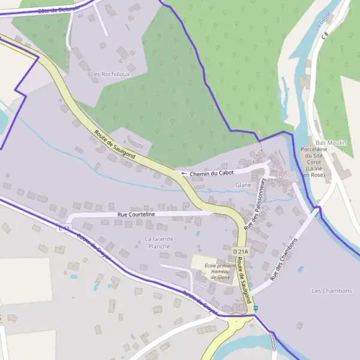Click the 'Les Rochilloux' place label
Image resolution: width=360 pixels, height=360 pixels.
click(x=110, y=74)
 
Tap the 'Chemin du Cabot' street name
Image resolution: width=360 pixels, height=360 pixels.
click(x=211, y=173)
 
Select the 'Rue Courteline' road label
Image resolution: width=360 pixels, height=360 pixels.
click(x=136, y=214)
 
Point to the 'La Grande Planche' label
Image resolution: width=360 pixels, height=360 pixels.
click(x=158, y=242)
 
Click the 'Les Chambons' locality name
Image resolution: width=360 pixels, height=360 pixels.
click(x=332, y=290)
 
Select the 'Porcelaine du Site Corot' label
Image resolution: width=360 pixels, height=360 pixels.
click(x=315, y=158)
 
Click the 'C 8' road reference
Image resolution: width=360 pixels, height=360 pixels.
click(x=325, y=37)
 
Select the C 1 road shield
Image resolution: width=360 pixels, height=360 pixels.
click(x=64, y=229)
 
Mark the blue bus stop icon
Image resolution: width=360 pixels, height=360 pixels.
click(x=256, y=308)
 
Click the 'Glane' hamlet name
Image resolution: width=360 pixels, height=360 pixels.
click(x=243, y=185)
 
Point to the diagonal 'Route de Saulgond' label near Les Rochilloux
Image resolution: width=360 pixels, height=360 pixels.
click(x=114, y=145)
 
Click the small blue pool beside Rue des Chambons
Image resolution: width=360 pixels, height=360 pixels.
click(x=301, y=269)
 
